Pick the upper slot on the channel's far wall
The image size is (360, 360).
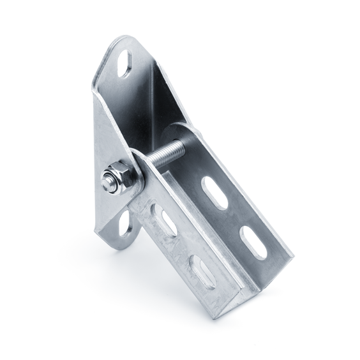pos(214,192)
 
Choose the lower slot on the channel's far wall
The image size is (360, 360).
pos(253,242)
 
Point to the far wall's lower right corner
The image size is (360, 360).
pos(290,259)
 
